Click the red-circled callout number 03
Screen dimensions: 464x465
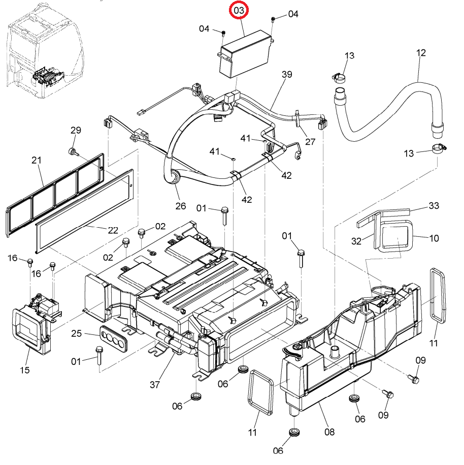(x=239, y=11)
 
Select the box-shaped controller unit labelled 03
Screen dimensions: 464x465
(x=246, y=54)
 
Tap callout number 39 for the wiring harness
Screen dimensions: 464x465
(x=287, y=74)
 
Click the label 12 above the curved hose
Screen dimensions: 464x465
(x=421, y=53)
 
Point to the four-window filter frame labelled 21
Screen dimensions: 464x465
(x=55, y=195)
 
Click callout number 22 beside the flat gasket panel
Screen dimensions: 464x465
(x=113, y=230)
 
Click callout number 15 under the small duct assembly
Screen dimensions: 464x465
(x=25, y=370)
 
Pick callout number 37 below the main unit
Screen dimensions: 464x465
(x=155, y=385)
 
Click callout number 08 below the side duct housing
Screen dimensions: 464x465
(x=329, y=432)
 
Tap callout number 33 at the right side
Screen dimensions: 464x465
(x=434, y=205)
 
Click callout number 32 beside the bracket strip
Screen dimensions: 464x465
(x=356, y=241)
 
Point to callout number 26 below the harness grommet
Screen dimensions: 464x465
(x=180, y=206)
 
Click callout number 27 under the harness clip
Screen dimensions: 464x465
(x=310, y=142)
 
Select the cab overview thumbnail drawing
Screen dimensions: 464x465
(x=45, y=51)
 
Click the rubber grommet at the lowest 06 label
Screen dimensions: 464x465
(x=294, y=431)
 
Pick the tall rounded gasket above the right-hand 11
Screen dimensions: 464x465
(x=438, y=295)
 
